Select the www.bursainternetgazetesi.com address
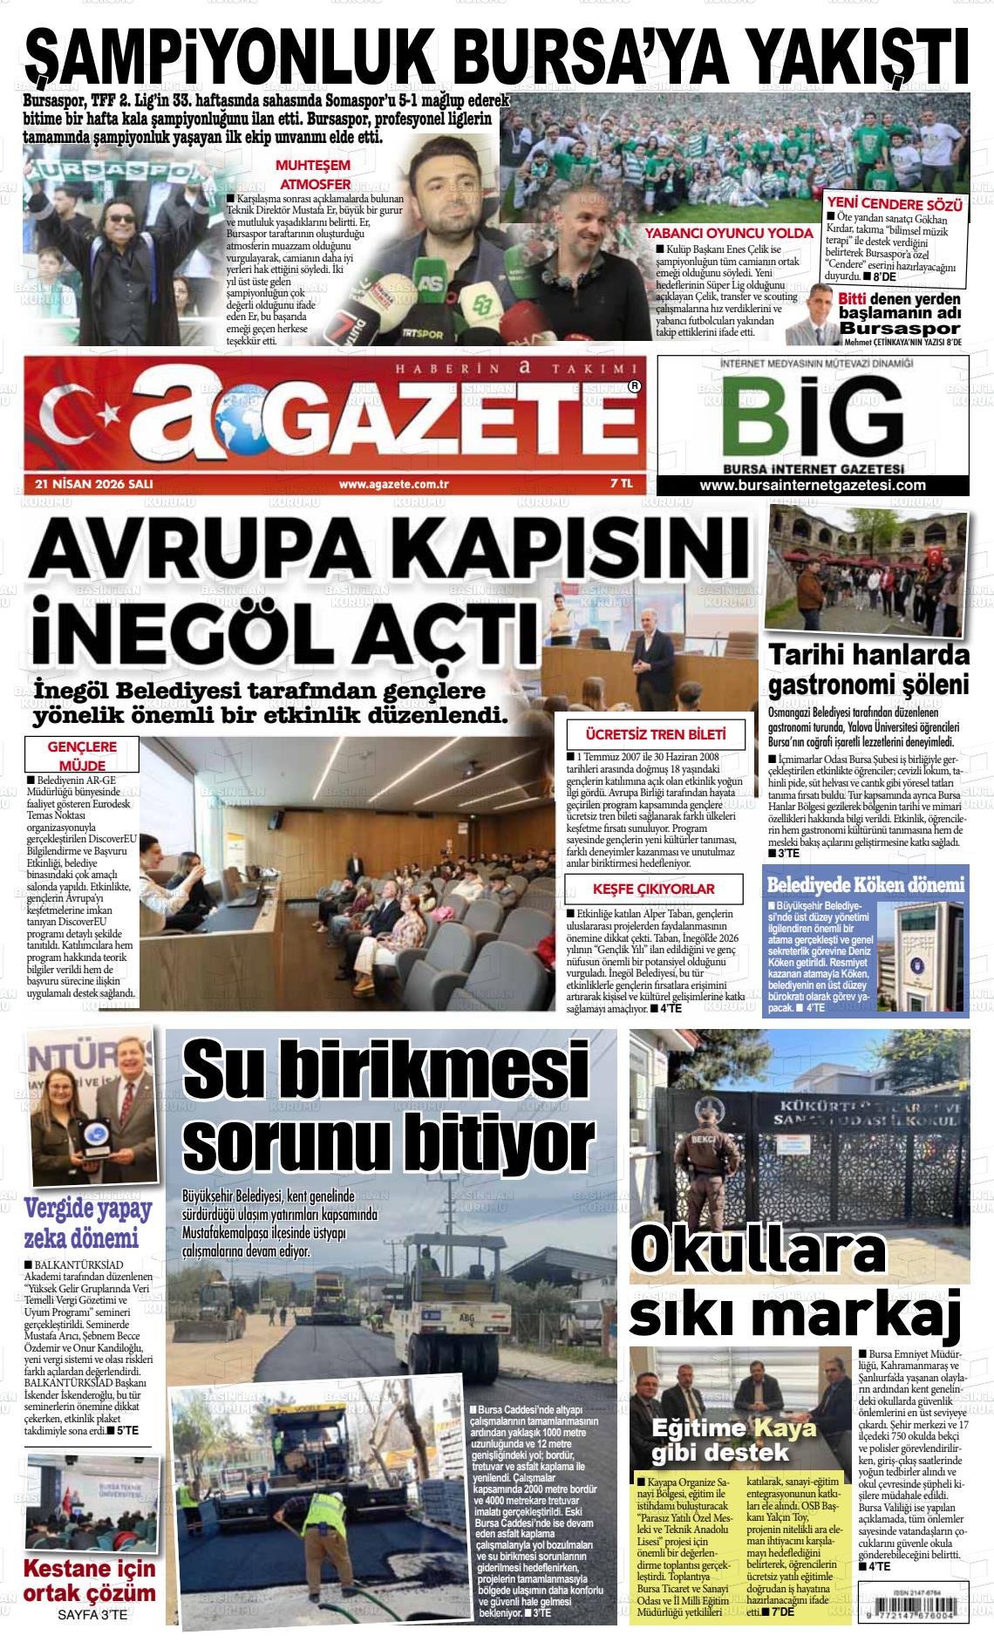[x=812, y=486]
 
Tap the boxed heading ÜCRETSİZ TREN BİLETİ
[x=644, y=734]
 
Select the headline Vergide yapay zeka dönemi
[x=87, y=1223]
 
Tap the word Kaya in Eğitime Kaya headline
[x=785, y=1428]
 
